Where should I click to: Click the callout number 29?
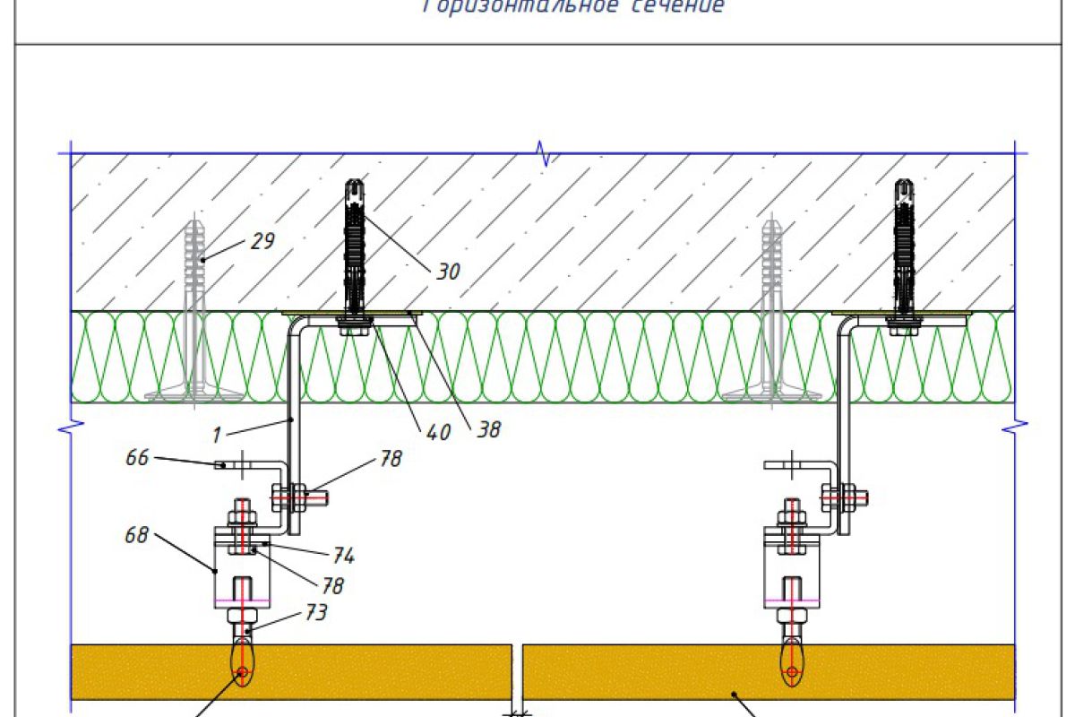pyautogui.click(x=262, y=241)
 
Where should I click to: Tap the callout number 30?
pyautogui.click(x=449, y=271)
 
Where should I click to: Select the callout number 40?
pyautogui.click(x=438, y=431)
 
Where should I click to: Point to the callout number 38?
pyautogui.click(x=488, y=429)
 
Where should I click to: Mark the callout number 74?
pyautogui.click(x=342, y=556)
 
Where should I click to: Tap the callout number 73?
pyautogui.click(x=314, y=612)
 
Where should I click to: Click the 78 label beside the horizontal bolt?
pyautogui.click(x=390, y=460)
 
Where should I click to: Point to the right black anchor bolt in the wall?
pyautogui.click(x=903, y=246)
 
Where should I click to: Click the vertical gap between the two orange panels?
pyautogui.click(x=517, y=672)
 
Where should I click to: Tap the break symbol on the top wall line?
pyautogui.click(x=542, y=153)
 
